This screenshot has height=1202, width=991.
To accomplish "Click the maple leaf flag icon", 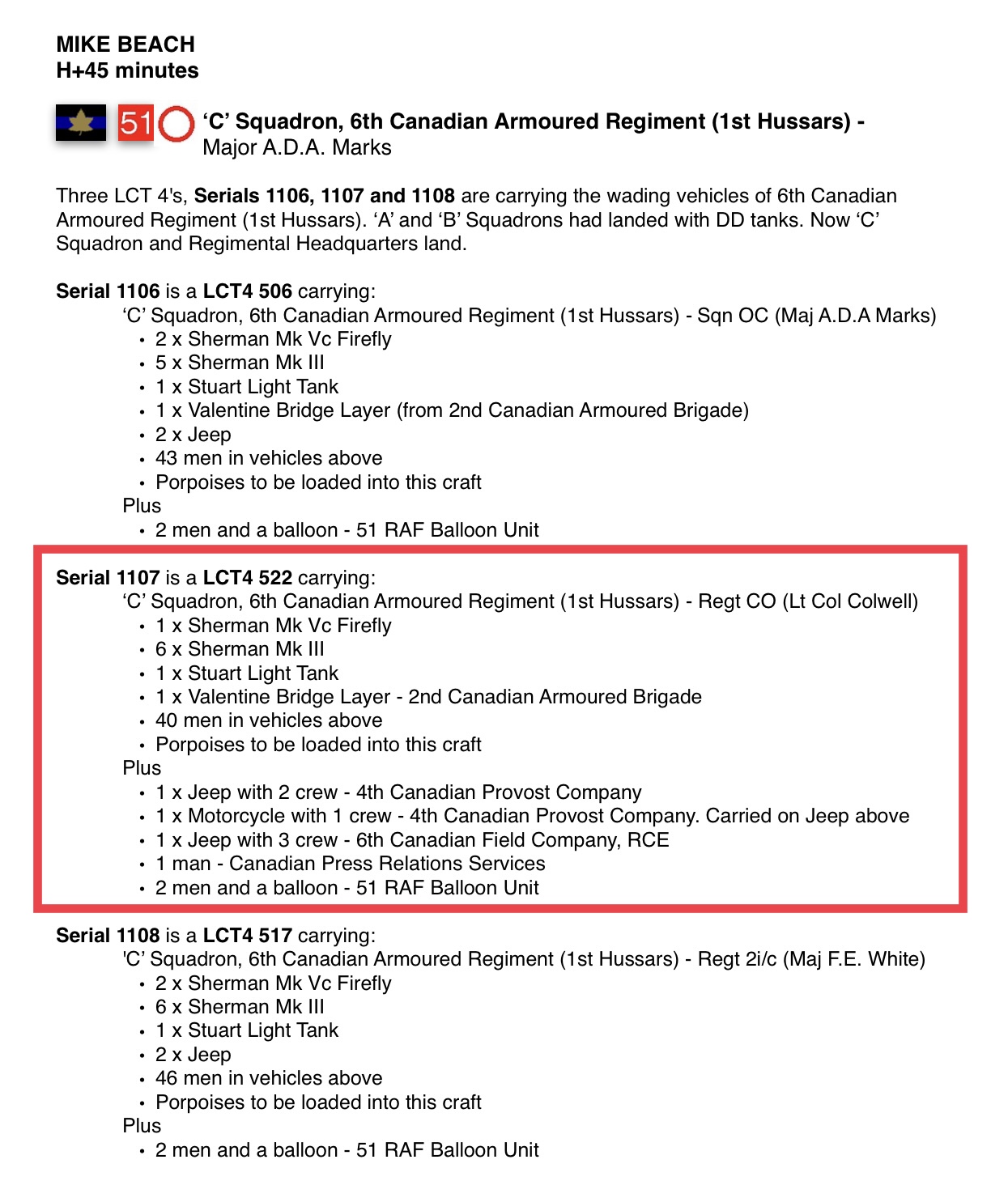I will (81, 123).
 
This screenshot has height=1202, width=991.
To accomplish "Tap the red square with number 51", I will (135, 123).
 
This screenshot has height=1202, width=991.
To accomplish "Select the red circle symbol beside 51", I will (176, 124).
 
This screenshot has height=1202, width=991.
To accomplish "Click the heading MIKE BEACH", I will (125, 45).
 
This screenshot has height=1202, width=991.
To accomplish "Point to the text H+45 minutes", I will (127, 70).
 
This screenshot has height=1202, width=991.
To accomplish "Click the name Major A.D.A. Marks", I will (296, 147).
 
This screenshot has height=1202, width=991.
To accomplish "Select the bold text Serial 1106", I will (108, 291).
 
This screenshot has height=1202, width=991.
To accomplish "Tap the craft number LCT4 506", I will (247, 291).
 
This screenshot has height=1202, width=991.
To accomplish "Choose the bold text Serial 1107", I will (108, 578).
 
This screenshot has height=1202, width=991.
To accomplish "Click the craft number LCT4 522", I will (247, 578).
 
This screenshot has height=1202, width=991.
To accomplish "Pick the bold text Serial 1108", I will (108, 936).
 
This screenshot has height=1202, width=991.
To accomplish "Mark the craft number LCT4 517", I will (247, 936).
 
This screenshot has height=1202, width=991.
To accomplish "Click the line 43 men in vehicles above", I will (269, 459).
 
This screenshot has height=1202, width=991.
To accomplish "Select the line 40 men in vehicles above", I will (269, 721).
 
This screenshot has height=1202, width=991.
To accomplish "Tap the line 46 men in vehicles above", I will (269, 1078).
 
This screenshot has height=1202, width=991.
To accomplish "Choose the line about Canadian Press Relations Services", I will (351, 864).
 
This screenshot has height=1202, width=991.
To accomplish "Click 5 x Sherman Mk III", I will (240, 363).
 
